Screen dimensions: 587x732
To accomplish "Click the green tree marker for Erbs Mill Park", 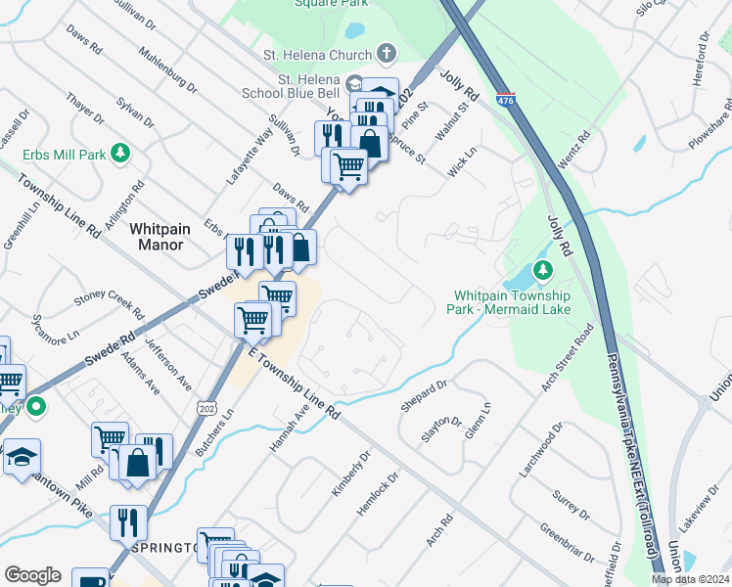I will pos(120,154).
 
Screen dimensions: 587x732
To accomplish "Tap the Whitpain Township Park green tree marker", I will pos(538,270).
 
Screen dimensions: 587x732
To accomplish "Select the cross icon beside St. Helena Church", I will pos(387,55).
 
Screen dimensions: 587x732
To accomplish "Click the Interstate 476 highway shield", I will pos(505,100).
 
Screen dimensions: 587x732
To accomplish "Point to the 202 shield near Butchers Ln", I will pos(206,407).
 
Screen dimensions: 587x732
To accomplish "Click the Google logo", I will pos(32,574).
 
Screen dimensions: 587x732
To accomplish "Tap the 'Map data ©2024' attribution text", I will pos(690,579).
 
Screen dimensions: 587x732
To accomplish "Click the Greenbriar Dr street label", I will pos(565,542).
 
